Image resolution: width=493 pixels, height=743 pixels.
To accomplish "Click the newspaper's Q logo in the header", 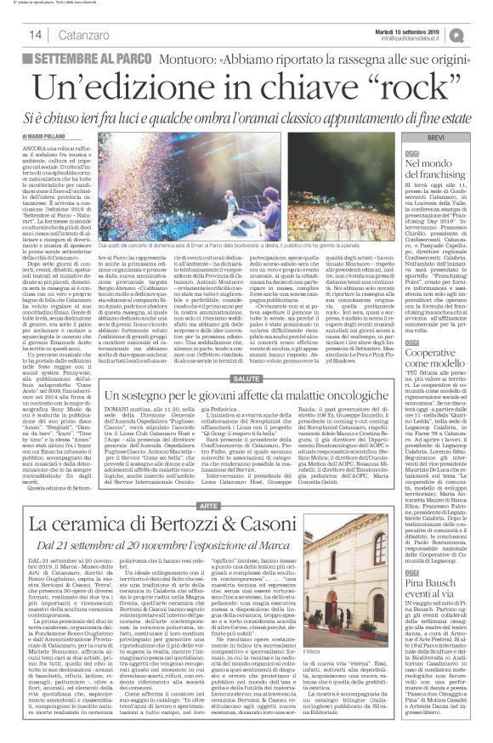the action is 481,33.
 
